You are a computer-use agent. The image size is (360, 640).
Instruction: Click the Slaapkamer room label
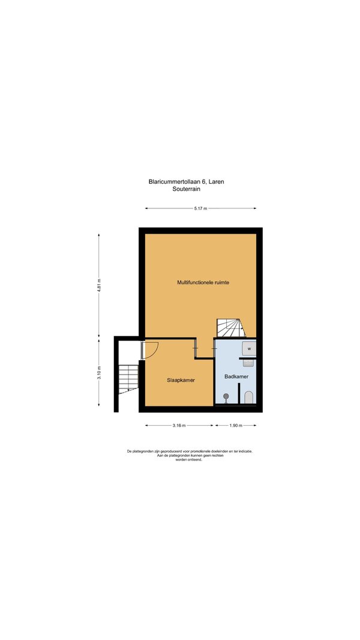coord(181,380)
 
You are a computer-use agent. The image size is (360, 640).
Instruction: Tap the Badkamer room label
coord(236,376)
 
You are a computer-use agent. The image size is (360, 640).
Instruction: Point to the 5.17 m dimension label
coord(200,208)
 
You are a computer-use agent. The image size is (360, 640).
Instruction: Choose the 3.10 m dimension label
coord(98,373)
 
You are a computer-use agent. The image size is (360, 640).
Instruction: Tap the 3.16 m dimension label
coord(179,425)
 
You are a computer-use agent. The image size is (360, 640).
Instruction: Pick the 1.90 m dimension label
coord(236,425)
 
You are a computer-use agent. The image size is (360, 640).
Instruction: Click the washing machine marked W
coord(249,349)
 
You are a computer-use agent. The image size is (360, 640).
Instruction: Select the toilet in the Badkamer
coord(248,397)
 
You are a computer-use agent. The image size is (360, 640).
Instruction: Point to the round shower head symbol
coord(226,396)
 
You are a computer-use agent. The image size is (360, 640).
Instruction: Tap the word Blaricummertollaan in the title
coord(175,182)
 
